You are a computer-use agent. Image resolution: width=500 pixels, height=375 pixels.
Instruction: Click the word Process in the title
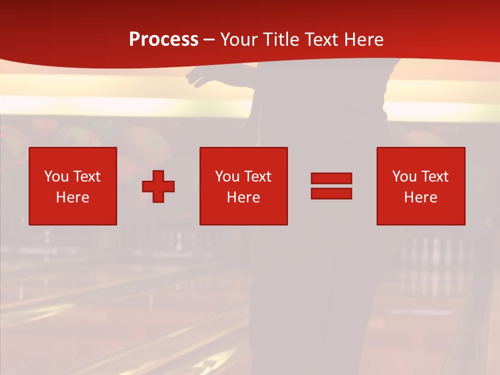(x=164, y=40)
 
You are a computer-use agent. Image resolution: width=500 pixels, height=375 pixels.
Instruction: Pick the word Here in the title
(x=364, y=40)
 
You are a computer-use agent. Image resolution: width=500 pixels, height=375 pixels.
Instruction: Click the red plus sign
(x=158, y=186)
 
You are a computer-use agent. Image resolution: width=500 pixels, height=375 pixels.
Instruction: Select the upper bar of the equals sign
(x=331, y=178)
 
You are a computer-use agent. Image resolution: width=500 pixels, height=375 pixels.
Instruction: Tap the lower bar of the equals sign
(x=331, y=193)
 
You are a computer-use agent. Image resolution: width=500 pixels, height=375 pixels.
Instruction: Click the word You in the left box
(x=56, y=177)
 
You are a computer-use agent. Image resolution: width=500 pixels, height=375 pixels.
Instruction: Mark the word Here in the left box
(x=72, y=197)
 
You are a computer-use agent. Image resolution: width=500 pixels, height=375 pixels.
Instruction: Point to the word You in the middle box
(x=227, y=177)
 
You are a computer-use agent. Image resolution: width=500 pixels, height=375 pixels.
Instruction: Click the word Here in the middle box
(x=243, y=197)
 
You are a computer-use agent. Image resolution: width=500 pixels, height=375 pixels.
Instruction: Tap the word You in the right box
(x=404, y=177)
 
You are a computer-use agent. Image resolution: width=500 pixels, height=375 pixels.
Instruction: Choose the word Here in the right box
(x=420, y=197)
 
